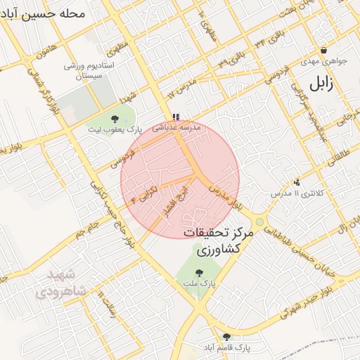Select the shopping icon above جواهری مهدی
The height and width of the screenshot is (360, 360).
point(323,51)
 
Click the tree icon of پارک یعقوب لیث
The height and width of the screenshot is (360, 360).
point(115,119)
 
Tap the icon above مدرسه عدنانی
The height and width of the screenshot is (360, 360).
point(176,117)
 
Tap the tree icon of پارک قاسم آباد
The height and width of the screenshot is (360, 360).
point(226,337)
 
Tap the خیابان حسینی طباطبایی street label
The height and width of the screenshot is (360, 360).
point(310,243)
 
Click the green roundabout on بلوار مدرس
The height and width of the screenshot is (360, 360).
point(259,222)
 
